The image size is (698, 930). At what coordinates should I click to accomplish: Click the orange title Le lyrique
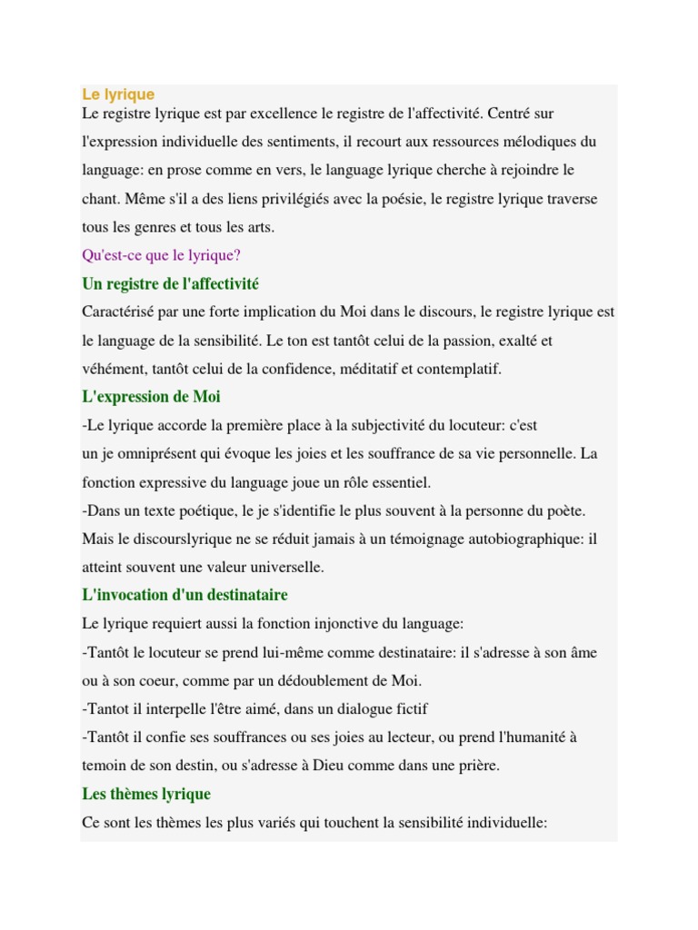click(118, 94)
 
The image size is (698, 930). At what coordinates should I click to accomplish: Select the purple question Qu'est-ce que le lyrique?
click(161, 255)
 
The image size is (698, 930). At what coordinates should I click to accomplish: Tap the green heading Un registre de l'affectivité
click(170, 284)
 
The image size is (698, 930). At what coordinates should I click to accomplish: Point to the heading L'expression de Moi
click(151, 397)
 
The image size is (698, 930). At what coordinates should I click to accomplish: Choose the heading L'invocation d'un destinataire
click(184, 595)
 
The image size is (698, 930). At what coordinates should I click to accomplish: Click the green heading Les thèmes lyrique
click(146, 794)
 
